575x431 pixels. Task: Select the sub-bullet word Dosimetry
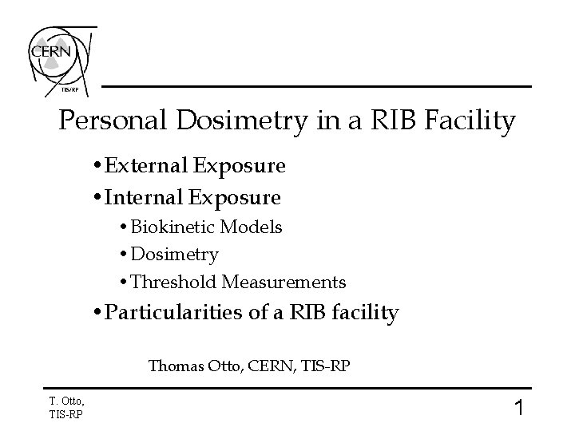tap(174, 255)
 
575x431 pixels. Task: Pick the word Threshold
tap(173, 282)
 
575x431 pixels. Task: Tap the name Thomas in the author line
tap(173, 367)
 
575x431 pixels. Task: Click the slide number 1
tap(518, 409)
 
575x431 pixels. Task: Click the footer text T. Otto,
tap(65, 401)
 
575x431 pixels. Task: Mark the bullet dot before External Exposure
tap(97, 167)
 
